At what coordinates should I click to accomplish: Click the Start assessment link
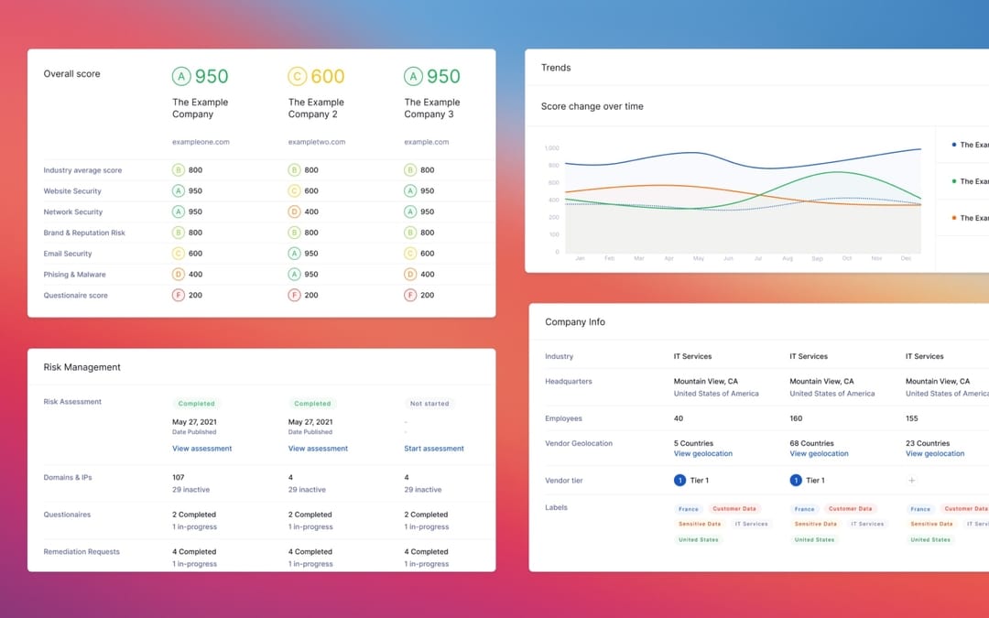(x=433, y=449)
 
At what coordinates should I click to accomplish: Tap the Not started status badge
(x=429, y=403)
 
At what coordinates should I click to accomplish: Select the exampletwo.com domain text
(x=316, y=142)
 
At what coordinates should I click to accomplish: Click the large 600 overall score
(x=327, y=77)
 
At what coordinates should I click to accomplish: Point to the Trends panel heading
(x=556, y=68)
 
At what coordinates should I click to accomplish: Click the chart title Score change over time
(x=592, y=106)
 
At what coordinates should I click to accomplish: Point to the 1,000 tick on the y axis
(x=551, y=147)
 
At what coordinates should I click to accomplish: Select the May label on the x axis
(x=699, y=259)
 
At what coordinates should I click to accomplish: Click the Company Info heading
(x=575, y=322)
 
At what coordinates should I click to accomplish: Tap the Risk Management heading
(x=82, y=367)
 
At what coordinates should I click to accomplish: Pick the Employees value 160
(x=796, y=418)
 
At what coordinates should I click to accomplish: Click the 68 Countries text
(x=811, y=443)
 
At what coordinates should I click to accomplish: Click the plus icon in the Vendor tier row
(x=911, y=480)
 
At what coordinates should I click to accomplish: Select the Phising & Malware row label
(x=75, y=275)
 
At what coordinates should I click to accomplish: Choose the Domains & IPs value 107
(x=179, y=477)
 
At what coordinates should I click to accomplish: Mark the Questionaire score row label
(x=76, y=296)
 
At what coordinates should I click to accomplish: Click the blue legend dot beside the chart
(x=954, y=145)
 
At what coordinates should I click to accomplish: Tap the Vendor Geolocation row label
(x=579, y=443)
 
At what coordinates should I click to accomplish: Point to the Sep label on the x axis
(x=817, y=259)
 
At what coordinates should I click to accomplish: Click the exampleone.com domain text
(x=201, y=142)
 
